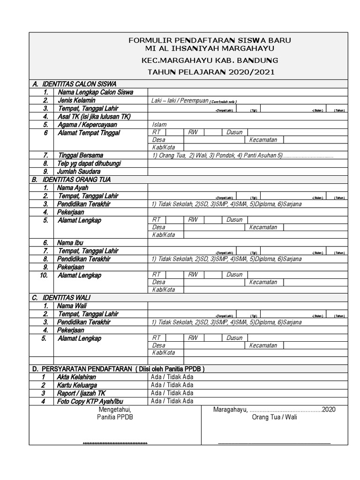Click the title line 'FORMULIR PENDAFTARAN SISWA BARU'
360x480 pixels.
tap(210, 41)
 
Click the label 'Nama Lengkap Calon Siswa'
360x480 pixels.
tap(95, 92)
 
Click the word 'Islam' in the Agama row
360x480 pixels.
tap(159, 125)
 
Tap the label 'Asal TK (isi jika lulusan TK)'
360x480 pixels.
tap(94, 117)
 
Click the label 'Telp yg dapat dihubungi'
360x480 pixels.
tap(89, 164)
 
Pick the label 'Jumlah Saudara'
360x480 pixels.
tap(79, 172)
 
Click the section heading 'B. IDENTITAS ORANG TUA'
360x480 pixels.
tap(71, 180)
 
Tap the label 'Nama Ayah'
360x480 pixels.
tap(73, 188)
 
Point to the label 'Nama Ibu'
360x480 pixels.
tap(70, 243)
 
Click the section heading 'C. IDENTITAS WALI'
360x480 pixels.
tap(61, 298)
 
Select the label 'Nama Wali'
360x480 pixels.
tap(72, 306)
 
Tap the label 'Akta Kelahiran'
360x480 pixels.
tap(76, 377)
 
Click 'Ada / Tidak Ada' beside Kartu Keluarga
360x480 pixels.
tap(172, 385)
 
